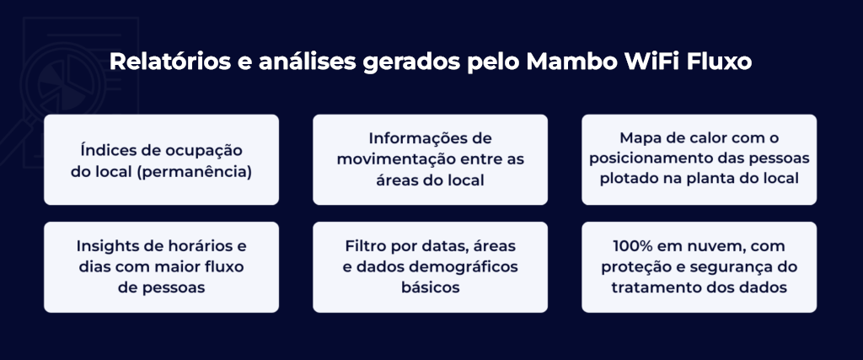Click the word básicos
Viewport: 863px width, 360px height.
[x=431, y=287]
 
